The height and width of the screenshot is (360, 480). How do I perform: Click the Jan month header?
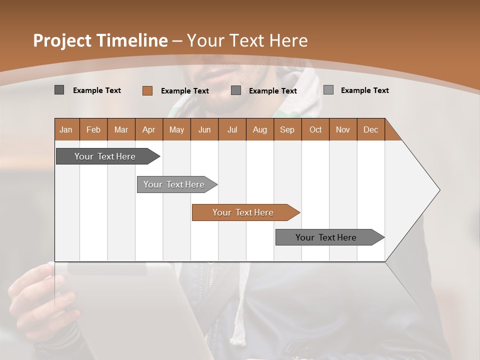pos(66,129)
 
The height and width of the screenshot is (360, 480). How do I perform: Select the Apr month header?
pos(148,129)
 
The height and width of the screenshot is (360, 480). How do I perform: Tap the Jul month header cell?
pos(232,129)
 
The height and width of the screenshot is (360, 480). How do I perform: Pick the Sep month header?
pos(287,129)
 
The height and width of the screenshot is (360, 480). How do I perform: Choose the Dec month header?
pos(370,129)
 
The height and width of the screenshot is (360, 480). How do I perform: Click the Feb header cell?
pos(93,129)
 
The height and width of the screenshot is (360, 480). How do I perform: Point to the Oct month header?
pos(315,129)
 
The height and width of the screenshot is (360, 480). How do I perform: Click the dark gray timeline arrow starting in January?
pos(105,156)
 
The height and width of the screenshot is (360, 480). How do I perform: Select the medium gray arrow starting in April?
pos(174,184)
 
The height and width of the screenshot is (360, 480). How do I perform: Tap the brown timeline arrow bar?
pos(243,212)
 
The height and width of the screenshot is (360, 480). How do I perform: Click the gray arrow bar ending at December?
pos(326,237)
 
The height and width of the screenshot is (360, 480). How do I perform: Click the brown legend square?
pos(147,90)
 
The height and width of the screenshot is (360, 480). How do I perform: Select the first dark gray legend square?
pos(59,90)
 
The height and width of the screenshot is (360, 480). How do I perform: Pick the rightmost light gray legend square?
pos(328,90)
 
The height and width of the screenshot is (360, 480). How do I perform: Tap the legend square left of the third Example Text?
pos(236,90)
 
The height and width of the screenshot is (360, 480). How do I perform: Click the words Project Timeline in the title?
pos(100,40)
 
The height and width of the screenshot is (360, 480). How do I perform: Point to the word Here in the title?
pos(288,40)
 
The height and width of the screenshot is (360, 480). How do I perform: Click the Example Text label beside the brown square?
pos(184,91)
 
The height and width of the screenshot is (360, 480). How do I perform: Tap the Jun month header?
pos(204,129)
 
